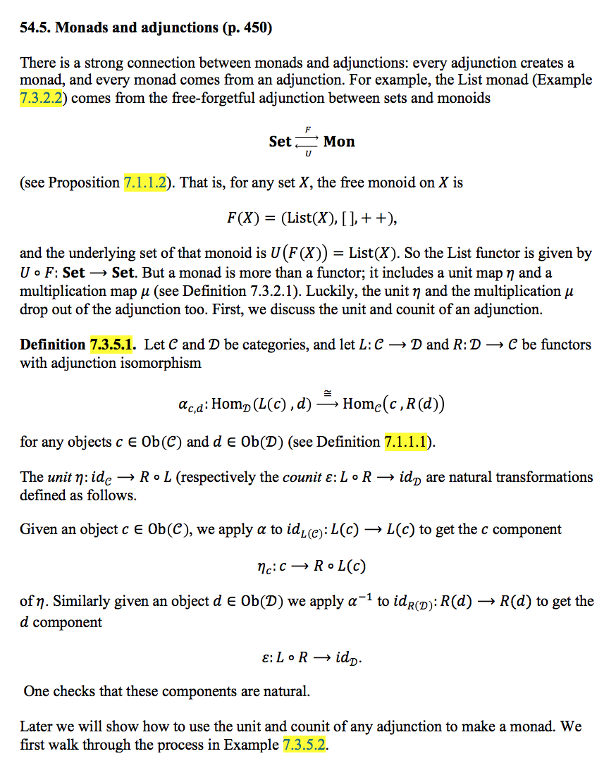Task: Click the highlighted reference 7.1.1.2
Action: click(147, 182)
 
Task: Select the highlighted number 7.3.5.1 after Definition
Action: click(113, 345)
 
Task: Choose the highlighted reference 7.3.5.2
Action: click(304, 745)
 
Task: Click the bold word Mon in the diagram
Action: click(339, 142)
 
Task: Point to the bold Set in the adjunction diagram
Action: click(280, 142)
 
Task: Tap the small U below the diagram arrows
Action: click(308, 154)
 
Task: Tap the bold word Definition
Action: click(52, 345)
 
